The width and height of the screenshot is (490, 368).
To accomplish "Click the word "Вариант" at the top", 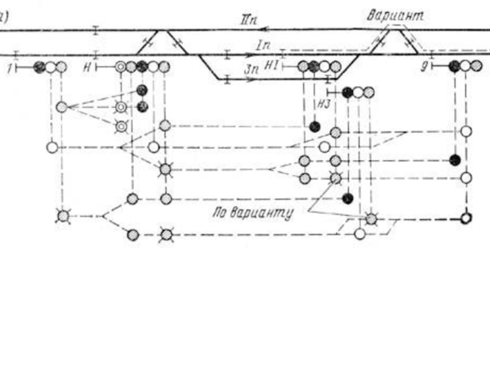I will point(395,16).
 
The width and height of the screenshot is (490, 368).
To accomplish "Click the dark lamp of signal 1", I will point(40,66).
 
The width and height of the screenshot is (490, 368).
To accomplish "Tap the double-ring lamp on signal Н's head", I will point(121,66).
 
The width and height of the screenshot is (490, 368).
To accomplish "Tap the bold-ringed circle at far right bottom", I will point(467,218).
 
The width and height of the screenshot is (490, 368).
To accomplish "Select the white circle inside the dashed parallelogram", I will point(360,233).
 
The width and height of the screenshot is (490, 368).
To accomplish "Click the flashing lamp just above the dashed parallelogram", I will point(371,218).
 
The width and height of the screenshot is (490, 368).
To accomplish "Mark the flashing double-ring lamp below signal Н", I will point(122,126).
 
